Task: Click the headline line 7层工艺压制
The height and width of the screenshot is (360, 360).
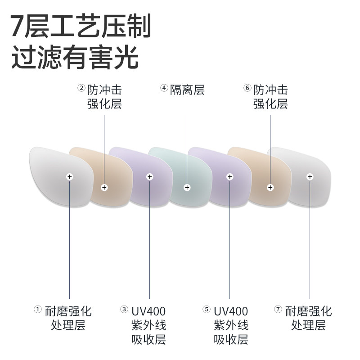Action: [81, 27]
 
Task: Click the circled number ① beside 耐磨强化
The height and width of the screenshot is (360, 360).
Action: [38, 309]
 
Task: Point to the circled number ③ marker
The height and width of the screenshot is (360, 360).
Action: [124, 309]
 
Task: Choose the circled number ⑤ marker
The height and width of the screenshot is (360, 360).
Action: [206, 309]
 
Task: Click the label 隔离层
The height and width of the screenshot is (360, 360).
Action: [187, 90]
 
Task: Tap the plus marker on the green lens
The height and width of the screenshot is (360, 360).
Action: [187, 187]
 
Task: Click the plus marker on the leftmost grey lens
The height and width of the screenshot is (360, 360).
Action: [69, 176]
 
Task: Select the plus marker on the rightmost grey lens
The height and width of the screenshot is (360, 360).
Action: [310, 176]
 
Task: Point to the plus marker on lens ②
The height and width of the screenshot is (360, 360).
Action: [104, 187]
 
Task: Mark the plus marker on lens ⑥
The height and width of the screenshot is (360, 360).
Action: [270, 187]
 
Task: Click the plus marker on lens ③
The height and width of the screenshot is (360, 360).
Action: [148, 176]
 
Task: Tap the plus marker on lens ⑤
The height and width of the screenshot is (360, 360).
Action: [229, 176]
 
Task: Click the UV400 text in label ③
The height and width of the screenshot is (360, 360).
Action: [148, 311]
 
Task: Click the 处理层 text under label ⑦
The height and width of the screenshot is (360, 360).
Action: [308, 325]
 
